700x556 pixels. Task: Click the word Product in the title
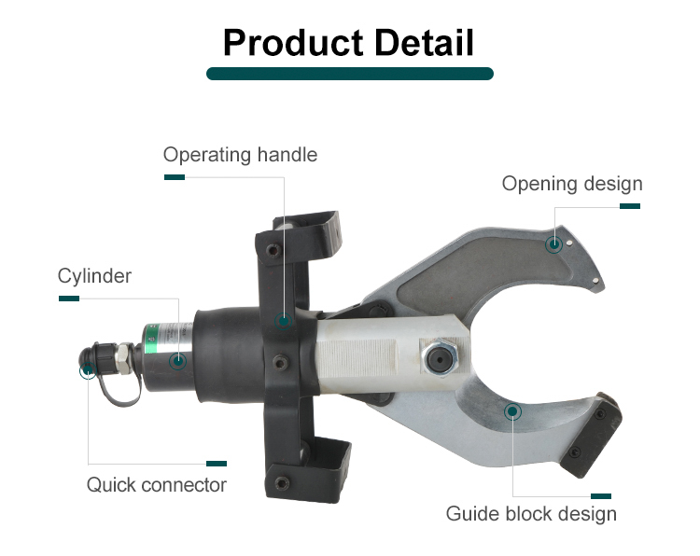coord(293,42)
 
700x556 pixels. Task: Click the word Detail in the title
coord(424,42)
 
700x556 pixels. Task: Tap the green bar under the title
coord(350,74)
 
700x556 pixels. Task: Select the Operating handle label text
coord(240,155)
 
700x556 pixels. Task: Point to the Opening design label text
coord(572,184)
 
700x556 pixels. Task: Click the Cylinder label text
coord(94,276)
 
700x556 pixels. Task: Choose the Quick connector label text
coord(157,485)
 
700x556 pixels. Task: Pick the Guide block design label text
coord(531,514)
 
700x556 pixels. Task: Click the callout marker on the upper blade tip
coord(554,244)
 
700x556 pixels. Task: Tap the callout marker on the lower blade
coord(513,411)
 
